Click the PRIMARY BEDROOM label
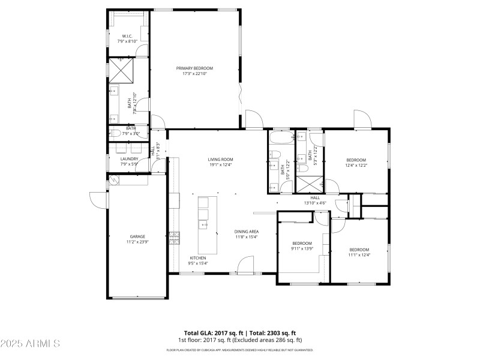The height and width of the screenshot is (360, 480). coord(194,68)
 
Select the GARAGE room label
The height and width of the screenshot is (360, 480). coord(137,236)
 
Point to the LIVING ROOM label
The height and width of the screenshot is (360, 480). coord(220,159)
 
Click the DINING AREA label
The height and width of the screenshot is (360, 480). coord(246,231)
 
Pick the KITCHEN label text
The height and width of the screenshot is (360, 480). coord(198,257)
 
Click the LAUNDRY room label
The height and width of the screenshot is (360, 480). coord(129,159)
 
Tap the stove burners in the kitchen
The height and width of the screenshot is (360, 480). coord(175,238)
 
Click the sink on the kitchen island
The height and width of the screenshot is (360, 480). coord(203,225)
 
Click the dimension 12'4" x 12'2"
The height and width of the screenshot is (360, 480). coord(356,166)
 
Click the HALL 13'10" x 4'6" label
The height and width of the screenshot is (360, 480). coord(315,200)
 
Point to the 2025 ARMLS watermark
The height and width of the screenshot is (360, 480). coord(30,344)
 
